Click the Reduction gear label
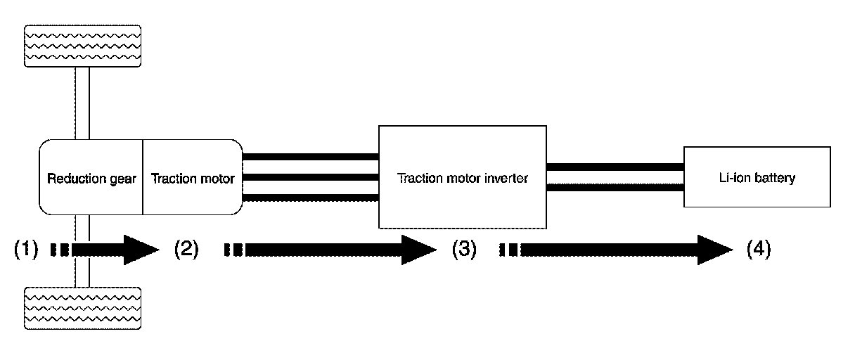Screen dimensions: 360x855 [x=91, y=179]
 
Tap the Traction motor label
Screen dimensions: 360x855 [x=193, y=179]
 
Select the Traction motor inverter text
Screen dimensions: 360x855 [x=463, y=179]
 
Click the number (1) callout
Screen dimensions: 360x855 [x=26, y=249]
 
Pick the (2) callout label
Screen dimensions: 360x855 [x=186, y=249]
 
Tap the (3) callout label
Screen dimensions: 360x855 [x=465, y=249]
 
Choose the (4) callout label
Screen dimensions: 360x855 [x=758, y=249]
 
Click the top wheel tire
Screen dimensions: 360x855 [x=83, y=46]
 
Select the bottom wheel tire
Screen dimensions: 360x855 [x=83, y=308]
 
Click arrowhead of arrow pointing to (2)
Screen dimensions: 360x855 [x=141, y=249]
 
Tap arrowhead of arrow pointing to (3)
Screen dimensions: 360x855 [x=419, y=249]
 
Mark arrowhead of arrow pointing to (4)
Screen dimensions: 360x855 [x=714, y=249]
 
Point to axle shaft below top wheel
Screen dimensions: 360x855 [x=83, y=103]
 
